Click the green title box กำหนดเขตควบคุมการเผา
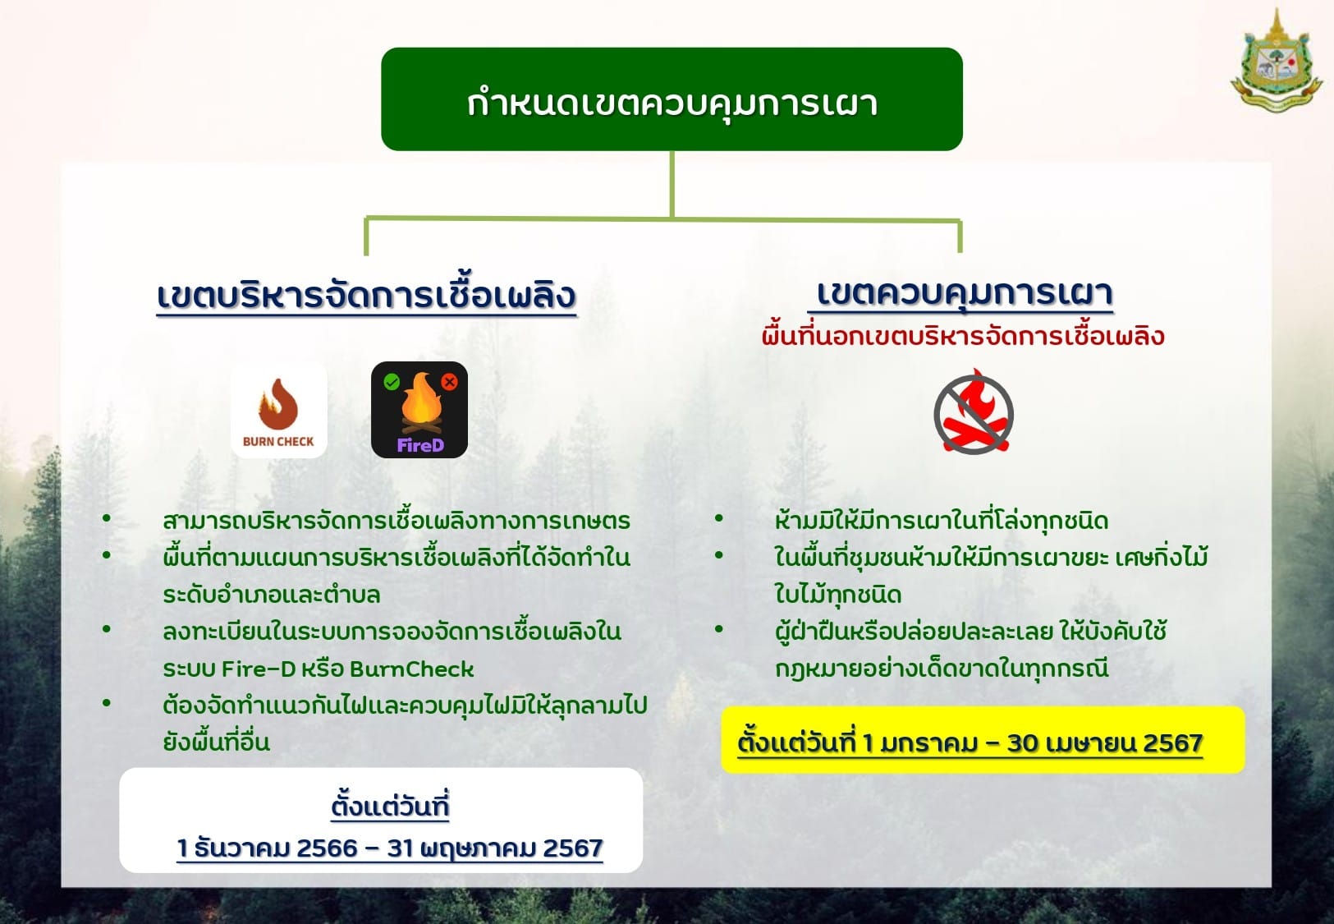point(672,99)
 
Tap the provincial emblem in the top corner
point(1276,60)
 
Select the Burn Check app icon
point(279,411)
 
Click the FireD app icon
point(419,410)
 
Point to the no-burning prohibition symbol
point(974,411)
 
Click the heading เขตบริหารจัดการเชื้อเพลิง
point(366,296)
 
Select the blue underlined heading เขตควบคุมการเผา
point(964,293)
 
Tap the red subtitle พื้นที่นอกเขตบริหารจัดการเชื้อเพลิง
point(963,336)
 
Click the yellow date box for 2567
point(983,740)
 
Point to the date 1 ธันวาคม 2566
point(267,848)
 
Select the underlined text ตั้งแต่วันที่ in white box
point(390,805)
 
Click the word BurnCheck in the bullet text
point(411,669)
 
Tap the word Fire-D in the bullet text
point(259,669)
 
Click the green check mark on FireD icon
point(392,382)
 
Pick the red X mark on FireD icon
point(450,382)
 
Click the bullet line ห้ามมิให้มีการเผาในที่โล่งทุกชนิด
point(941,521)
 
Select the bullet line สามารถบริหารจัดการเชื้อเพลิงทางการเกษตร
point(396,521)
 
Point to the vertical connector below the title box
point(672,184)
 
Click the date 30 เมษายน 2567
point(1105,742)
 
